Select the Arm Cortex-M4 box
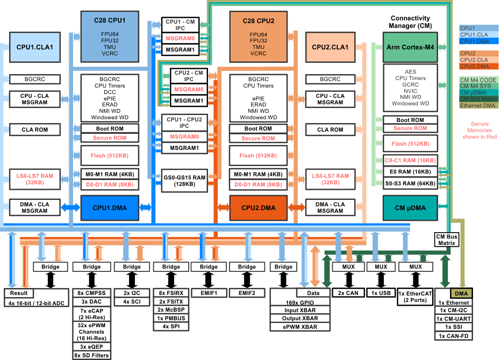click(410, 47)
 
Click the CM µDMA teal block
click(410, 207)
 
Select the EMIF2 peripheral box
click(247, 293)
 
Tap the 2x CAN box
click(348, 293)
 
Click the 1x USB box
click(381, 293)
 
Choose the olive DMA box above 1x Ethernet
click(461, 293)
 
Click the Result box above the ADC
click(19, 293)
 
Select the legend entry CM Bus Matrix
click(478, 98)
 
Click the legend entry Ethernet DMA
click(478, 105)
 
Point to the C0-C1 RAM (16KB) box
click(410, 160)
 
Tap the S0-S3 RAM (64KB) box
click(410, 184)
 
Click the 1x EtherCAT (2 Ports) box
click(415, 297)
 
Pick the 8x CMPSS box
click(91, 293)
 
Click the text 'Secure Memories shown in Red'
click(479, 131)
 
